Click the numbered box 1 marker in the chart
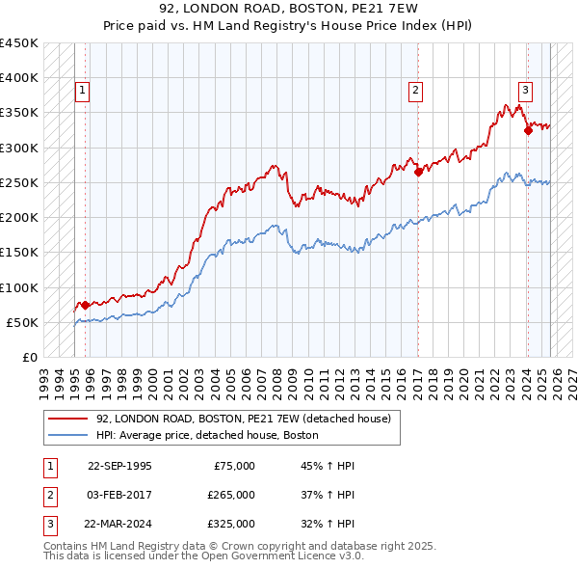[x=83, y=92]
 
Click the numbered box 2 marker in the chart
[x=416, y=92]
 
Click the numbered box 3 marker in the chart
[x=525, y=92]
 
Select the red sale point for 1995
[x=86, y=305]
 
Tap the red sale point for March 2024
[x=528, y=131]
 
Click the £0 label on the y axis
[x=30, y=358]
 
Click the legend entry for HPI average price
[x=207, y=436]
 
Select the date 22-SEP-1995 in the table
[x=119, y=466]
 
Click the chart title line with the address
[x=289, y=11]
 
